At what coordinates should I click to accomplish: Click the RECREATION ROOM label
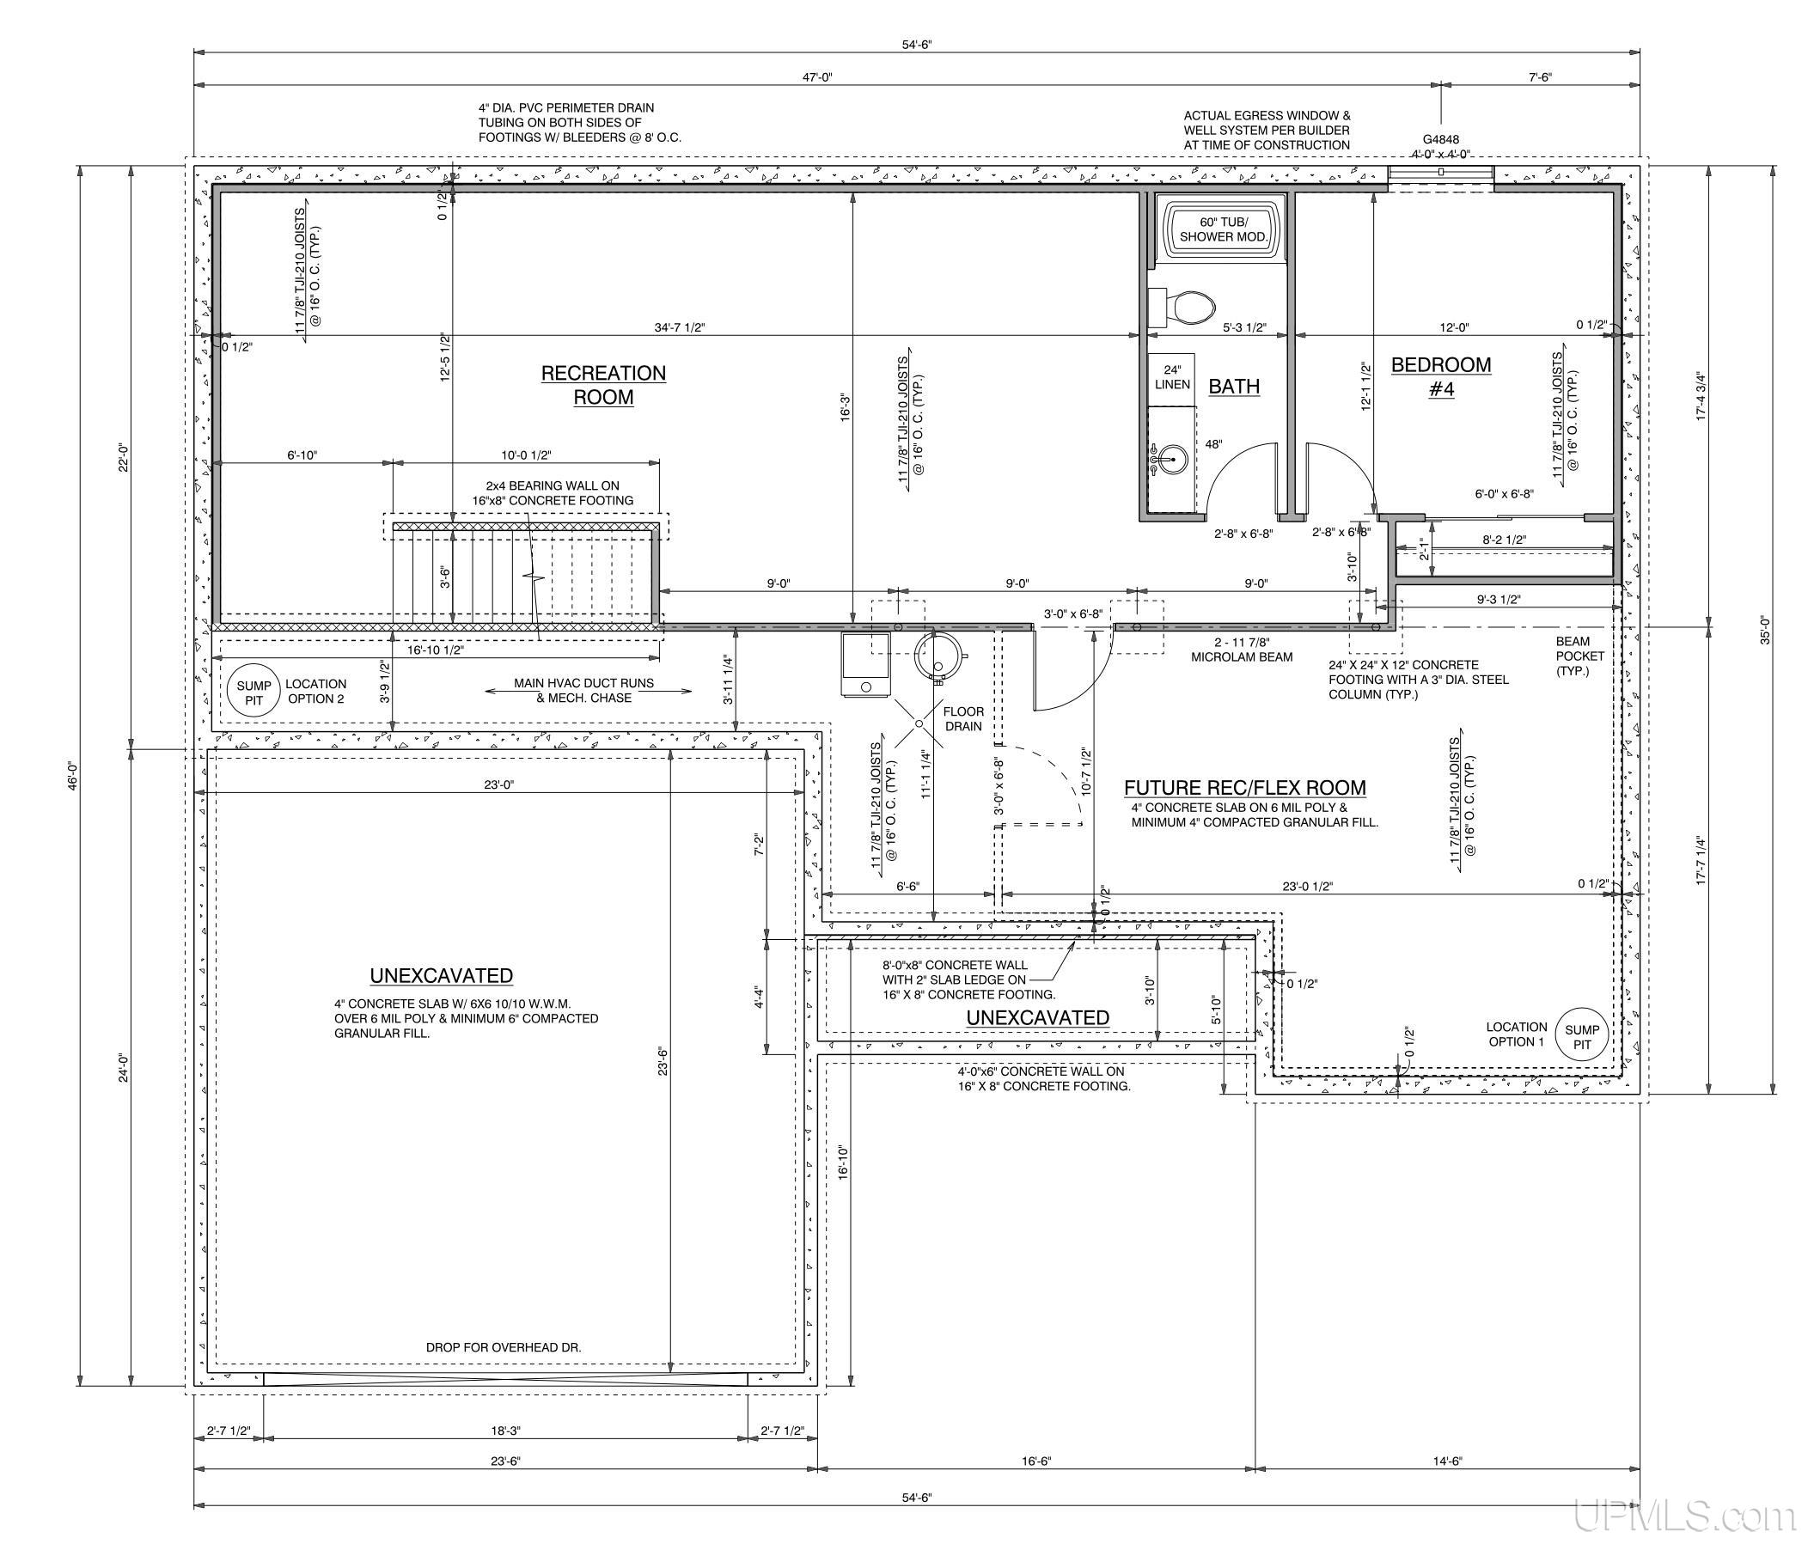(x=603, y=385)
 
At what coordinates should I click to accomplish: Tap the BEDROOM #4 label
(x=1441, y=377)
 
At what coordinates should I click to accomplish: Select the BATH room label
(x=1234, y=386)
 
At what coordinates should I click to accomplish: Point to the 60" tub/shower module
(x=1223, y=229)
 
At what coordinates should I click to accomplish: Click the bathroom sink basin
(x=1170, y=458)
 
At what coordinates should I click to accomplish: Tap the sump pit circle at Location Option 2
(x=253, y=693)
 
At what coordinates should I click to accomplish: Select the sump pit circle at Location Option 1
(x=1581, y=1037)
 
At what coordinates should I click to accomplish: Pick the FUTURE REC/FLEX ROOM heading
(x=1245, y=788)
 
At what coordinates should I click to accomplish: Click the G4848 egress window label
(x=1440, y=139)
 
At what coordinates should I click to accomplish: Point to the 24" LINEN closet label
(x=1172, y=377)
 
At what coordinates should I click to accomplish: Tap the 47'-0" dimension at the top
(x=817, y=77)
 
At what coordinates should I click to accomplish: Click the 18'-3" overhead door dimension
(x=505, y=1431)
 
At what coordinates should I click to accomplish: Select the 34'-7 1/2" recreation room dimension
(x=680, y=327)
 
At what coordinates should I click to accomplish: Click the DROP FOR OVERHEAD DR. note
(x=504, y=1348)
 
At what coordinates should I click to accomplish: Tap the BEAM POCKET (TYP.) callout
(x=1580, y=656)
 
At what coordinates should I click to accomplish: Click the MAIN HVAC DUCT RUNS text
(x=584, y=682)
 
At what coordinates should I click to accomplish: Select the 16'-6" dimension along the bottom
(x=1035, y=1461)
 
